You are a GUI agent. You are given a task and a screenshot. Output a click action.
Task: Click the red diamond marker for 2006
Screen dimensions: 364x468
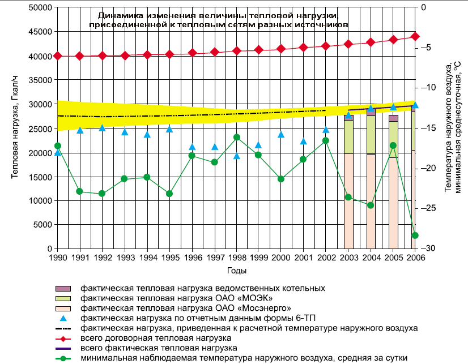tap(415, 36)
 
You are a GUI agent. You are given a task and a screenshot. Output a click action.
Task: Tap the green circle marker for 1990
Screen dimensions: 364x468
tap(57, 145)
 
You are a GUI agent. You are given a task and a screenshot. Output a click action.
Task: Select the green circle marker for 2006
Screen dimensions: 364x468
tap(415, 235)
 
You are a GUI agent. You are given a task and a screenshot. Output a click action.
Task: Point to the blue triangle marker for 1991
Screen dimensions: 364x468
tap(80, 130)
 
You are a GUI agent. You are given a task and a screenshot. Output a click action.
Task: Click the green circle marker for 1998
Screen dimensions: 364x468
tap(237, 137)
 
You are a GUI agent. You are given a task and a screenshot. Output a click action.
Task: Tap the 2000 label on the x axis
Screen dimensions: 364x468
tap(281, 258)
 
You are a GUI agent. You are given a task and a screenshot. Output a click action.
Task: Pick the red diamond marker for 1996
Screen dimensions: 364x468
tap(192, 53)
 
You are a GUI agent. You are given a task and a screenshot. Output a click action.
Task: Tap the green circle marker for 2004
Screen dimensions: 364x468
tap(371, 205)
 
